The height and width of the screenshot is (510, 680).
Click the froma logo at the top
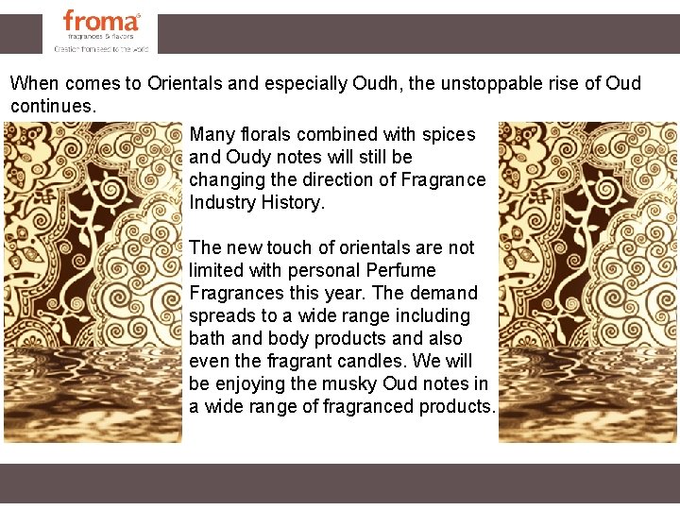click(x=101, y=22)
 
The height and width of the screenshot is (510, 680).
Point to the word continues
click(x=53, y=106)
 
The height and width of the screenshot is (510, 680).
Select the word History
click(x=294, y=203)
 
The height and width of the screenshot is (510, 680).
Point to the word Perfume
click(x=399, y=271)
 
